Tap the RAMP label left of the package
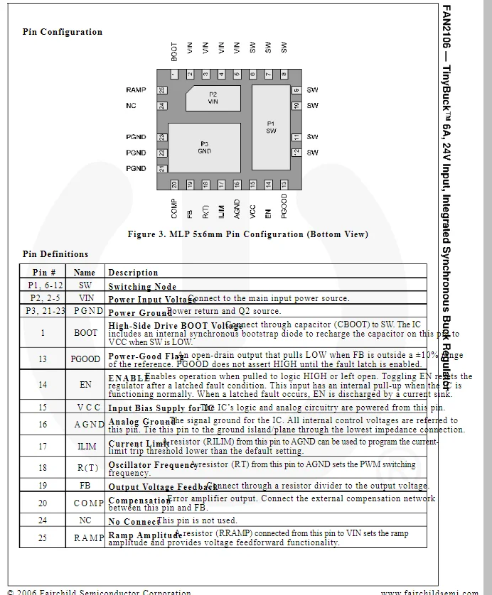click(136, 90)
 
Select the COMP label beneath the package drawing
click(174, 208)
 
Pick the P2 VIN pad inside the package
click(213, 98)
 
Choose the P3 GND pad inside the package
click(204, 148)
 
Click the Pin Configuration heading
click(63, 32)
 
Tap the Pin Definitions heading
click(55, 254)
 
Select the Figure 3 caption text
click(247, 234)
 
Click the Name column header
click(85, 272)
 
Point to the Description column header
click(133, 273)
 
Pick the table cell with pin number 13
click(43, 359)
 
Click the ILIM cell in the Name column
click(85, 447)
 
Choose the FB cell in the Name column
click(85, 486)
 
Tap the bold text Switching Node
click(142, 287)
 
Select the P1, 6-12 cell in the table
click(43, 285)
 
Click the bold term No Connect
click(134, 522)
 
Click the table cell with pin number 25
click(43, 538)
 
